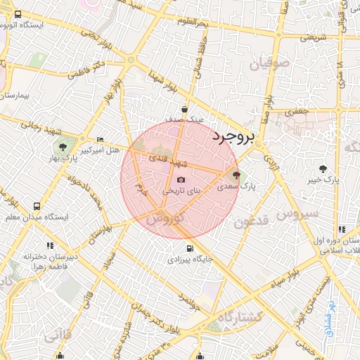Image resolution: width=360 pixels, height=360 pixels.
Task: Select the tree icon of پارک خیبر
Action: click(x=323, y=168)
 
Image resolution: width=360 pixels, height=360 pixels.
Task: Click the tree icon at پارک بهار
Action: click(x=63, y=147)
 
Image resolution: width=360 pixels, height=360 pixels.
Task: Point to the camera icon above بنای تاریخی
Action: click(x=181, y=179)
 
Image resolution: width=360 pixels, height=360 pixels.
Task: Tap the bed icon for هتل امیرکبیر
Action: click(x=99, y=140)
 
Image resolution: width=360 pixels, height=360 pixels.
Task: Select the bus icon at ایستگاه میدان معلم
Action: click(x=37, y=206)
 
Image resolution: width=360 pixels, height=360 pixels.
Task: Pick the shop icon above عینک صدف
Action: click(x=184, y=110)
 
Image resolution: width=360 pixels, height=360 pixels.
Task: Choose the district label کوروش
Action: click(x=165, y=219)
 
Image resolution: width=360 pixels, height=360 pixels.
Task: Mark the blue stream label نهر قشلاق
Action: click(x=328, y=317)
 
